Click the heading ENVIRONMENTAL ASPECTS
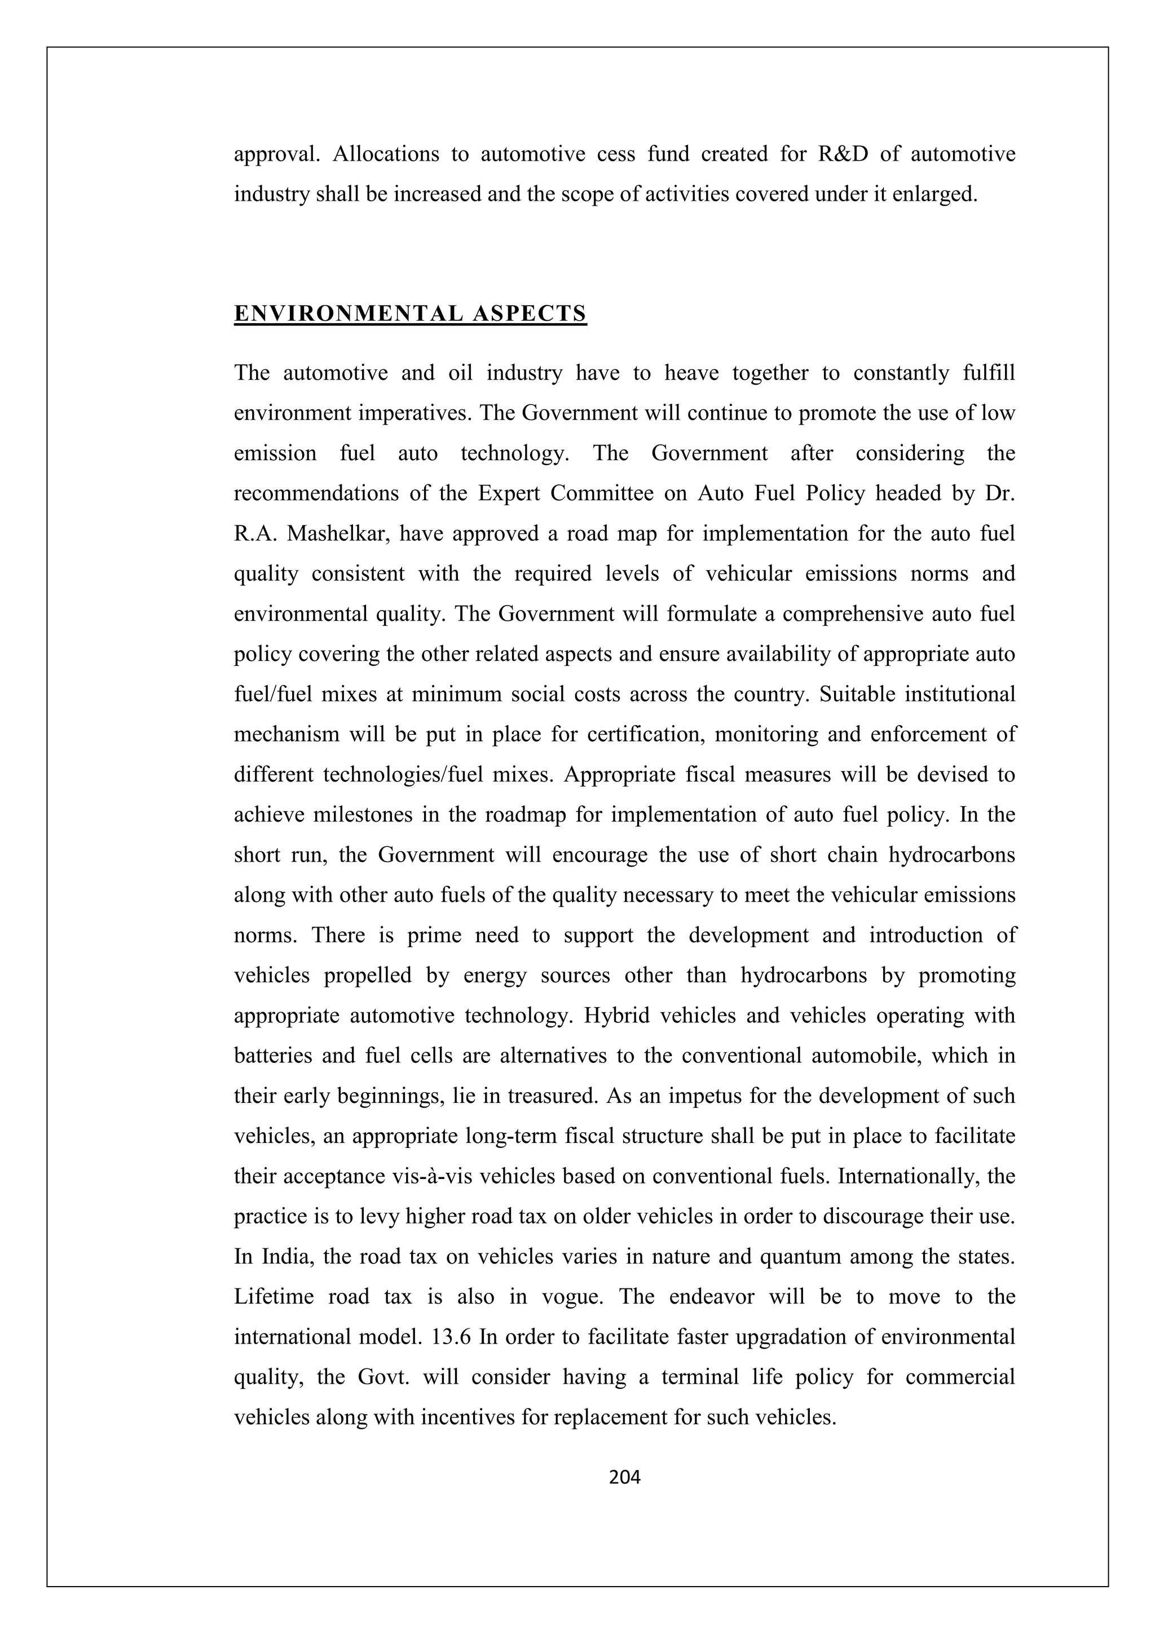[x=410, y=314]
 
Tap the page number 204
[x=625, y=1478]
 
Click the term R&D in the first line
[x=843, y=154]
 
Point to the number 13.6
[x=451, y=1337]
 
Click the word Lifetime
[x=274, y=1297]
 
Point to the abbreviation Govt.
[x=383, y=1377]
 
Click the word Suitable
[x=856, y=694]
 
